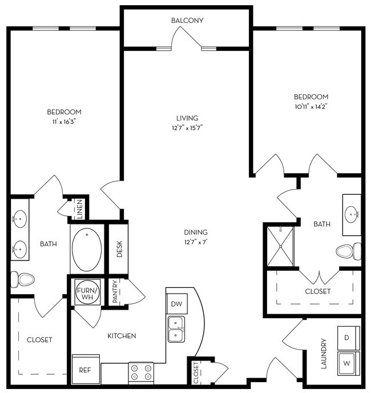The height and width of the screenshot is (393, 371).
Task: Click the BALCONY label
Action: click(187, 21)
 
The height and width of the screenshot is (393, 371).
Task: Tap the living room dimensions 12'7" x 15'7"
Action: click(187, 127)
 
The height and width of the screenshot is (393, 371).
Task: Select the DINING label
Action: click(195, 232)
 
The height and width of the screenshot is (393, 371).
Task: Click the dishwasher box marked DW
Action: click(176, 304)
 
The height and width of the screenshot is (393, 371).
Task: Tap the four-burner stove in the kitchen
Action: click(141, 372)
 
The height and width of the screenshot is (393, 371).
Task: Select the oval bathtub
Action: click(87, 250)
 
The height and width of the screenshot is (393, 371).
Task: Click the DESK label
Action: click(120, 248)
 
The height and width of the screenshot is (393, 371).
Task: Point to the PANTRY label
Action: click(115, 291)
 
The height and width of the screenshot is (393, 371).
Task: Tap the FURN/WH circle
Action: click(88, 292)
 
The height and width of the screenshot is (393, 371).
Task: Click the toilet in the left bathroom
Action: click(22, 279)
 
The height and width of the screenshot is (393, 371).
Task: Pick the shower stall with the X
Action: click(280, 246)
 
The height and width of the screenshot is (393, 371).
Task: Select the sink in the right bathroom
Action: click(352, 215)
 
